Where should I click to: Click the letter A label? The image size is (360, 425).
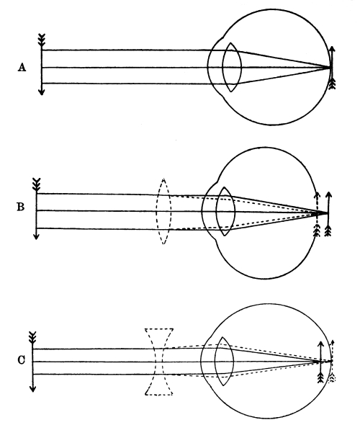coord(22,67)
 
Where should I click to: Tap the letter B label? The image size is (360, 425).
coord(21,207)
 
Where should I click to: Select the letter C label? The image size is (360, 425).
coord(21,360)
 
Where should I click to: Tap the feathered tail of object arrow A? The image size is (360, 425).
coord(42,40)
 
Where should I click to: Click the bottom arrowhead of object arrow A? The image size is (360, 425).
coord(42,92)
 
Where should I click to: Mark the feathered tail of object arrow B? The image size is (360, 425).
coord(36,184)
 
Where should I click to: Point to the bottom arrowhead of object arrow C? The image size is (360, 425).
coord(33,389)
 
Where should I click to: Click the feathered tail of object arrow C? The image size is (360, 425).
coord(32,337)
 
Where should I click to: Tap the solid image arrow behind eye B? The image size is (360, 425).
coord(328,214)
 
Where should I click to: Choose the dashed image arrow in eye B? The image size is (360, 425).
coord(317,215)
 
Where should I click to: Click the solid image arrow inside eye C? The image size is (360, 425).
coord(320,362)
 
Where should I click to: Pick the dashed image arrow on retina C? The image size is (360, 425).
coord(332,361)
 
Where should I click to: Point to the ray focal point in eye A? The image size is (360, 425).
coord(330,67)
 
